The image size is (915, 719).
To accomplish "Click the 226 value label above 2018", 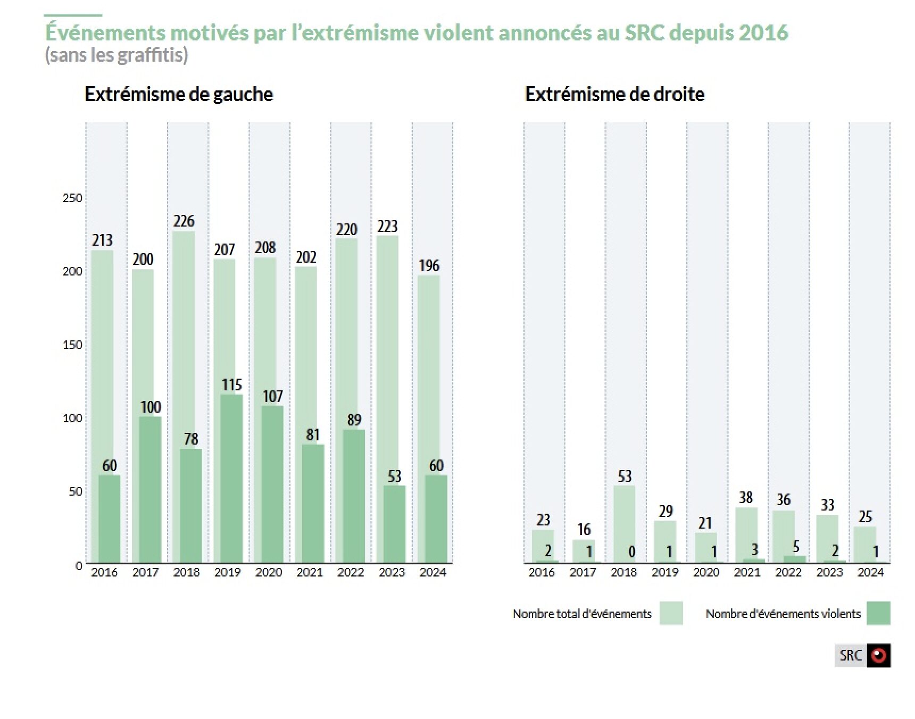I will click(184, 221).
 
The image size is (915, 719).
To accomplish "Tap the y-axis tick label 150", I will click(72, 345).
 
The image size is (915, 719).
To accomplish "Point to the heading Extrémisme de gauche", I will click(179, 94).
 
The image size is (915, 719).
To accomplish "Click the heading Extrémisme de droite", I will click(614, 94).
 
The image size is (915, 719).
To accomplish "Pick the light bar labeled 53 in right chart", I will click(625, 524).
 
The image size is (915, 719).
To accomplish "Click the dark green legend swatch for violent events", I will click(878, 613).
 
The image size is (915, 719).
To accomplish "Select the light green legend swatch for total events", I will click(671, 613).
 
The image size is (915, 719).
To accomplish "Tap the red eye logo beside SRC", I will click(878, 655).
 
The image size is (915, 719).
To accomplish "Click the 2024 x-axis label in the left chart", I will click(432, 573).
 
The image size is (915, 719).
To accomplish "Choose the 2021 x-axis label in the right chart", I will click(747, 573).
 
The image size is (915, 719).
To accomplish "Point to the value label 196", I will click(429, 266).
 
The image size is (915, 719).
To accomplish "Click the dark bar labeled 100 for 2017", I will click(150, 489).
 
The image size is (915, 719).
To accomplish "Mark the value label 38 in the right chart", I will click(746, 498).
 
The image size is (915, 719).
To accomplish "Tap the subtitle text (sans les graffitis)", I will click(117, 55).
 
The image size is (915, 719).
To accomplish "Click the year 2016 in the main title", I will click(763, 33).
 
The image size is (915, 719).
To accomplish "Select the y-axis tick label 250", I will click(72, 198).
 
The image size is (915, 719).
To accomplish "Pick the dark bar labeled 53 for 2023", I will click(394, 524).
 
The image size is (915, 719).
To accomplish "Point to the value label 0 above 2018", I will click(631, 552).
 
